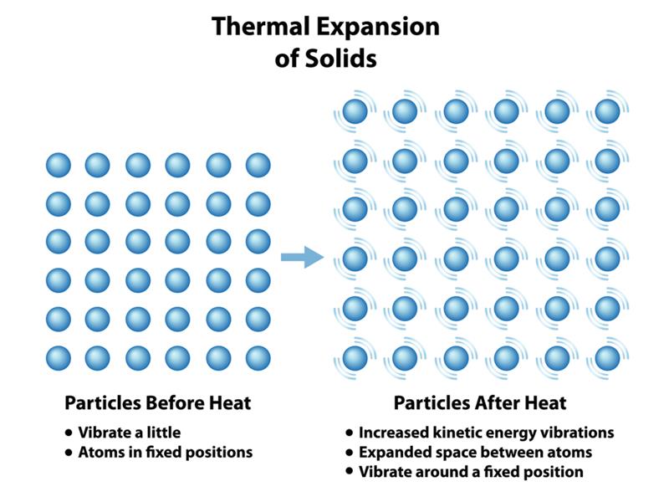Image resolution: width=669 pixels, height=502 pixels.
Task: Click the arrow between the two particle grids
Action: [x=302, y=257]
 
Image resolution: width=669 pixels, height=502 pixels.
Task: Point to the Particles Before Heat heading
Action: [x=158, y=403]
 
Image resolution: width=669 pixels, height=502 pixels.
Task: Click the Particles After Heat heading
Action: [x=480, y=403]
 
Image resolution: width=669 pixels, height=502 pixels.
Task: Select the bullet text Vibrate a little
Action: [x=129, y=433]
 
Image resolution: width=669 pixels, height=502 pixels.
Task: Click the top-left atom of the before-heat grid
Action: [x=59, y=165]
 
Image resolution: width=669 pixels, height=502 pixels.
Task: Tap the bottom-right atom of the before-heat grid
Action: [x=258, y=358]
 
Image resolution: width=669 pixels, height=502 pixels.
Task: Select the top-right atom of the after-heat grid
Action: [x=607, y=110]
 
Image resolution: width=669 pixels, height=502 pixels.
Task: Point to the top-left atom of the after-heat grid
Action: [x=355, y=110]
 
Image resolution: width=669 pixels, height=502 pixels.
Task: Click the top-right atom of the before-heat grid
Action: [x=258, y=165]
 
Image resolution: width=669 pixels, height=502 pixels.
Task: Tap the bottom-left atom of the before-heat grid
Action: [x=59, y=358]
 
